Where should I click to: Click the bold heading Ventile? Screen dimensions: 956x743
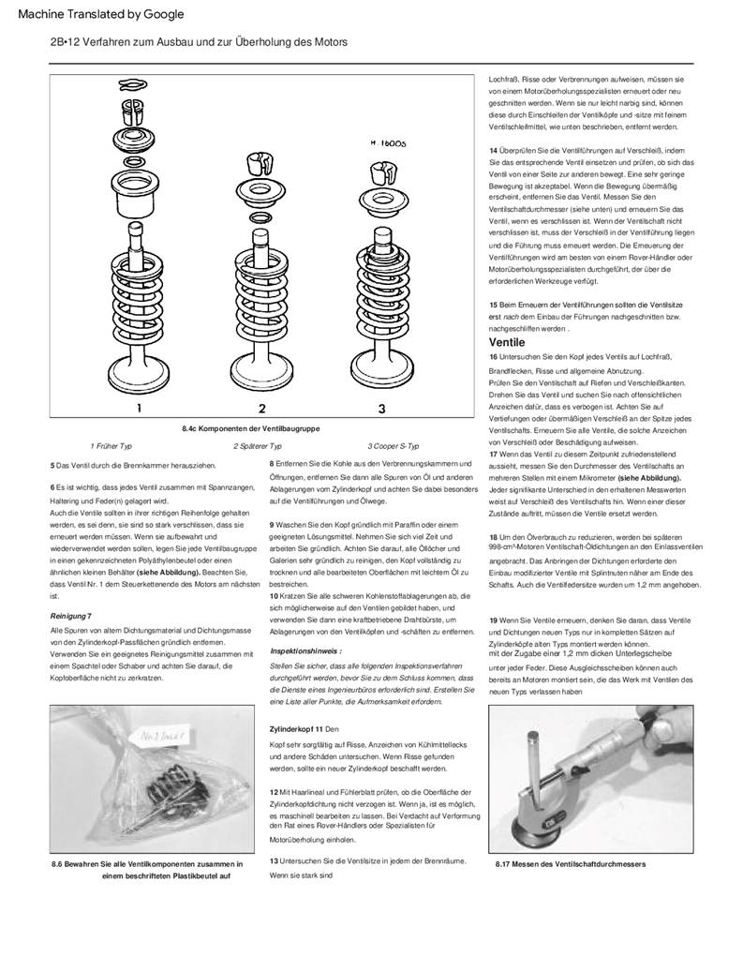click(x=506, y=342)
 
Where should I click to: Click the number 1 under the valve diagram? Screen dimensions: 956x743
click(x=139, y=408)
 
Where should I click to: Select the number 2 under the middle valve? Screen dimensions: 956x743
click(x=262, y=408)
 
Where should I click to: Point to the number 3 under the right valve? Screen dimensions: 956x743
click(x=381, y=408)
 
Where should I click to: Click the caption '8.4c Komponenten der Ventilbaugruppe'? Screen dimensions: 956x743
click(x=251, y=428)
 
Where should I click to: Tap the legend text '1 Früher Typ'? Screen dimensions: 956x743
click(x=111, y=446)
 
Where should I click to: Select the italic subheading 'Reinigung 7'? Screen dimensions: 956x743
click(x=70, y=615)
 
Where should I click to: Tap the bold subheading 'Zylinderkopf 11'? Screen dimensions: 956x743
click(x=296, y=728)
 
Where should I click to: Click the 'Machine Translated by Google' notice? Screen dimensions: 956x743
click(x=101, y=14)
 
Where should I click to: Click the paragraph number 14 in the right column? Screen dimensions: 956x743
click(x=494, y=150)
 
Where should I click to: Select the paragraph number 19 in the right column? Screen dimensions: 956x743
click(x=494, y=620)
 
